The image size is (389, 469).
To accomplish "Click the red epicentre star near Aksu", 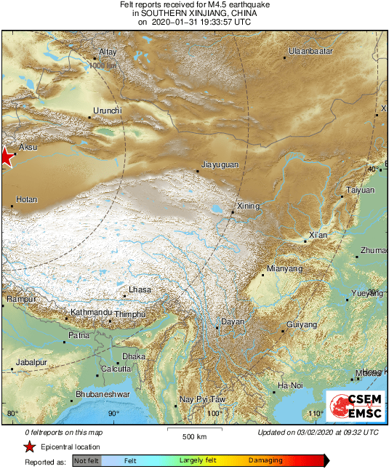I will pos(5,156).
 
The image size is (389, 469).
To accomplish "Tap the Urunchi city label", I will pos(106,111).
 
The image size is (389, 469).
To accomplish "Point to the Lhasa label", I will pos(140,290).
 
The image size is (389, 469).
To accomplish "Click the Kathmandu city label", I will pos(91,313).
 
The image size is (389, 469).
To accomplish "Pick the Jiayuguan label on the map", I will pos(219,165).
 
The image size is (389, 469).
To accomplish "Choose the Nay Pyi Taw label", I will pos(202,400).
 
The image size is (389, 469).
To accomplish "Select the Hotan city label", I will pos(26,199).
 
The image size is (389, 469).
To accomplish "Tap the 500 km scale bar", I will pos(195,431).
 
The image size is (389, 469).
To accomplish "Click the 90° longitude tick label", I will pos(113,414).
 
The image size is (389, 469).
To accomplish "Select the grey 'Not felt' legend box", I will pos(87,461).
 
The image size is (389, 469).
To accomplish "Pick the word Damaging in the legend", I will pos(265,461).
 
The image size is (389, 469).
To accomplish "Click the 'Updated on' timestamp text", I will pos(318,432).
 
